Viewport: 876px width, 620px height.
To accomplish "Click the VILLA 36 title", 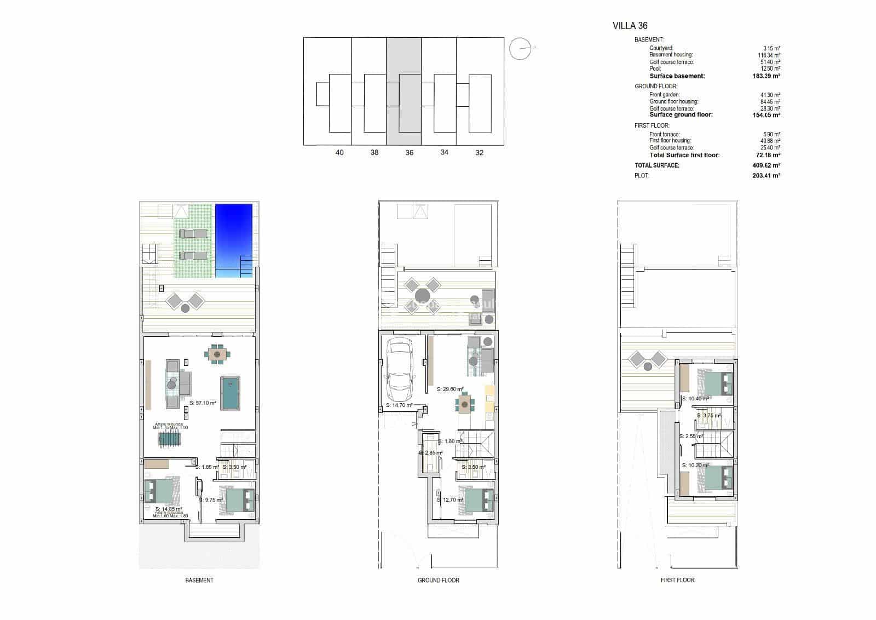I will coord(630,26).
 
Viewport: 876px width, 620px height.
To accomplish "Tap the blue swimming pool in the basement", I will coord(234,240).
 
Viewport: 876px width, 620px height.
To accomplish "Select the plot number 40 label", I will coord(339,153).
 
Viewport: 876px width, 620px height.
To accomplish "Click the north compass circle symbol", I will coord(520,49).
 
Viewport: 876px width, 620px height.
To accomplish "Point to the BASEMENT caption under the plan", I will coord(199,580).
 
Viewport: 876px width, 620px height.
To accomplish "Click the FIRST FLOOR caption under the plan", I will coord(677,580).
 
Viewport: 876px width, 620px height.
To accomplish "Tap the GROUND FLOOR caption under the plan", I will coord(438,580).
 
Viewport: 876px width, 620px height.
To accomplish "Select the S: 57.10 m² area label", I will coord(203,403).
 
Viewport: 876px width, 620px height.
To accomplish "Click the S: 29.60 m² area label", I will coord(450,389).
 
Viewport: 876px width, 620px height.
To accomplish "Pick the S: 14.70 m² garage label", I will coord(399,405).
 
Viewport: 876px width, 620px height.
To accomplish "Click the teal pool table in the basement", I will coord(230,393).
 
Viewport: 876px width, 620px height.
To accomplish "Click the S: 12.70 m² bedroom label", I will coord(450,500).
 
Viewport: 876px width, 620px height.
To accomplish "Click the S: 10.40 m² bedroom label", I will coord(695,399).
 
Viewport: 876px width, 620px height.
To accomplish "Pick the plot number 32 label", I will coord(479,153).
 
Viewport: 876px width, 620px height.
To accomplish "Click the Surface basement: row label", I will coord(677,76).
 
